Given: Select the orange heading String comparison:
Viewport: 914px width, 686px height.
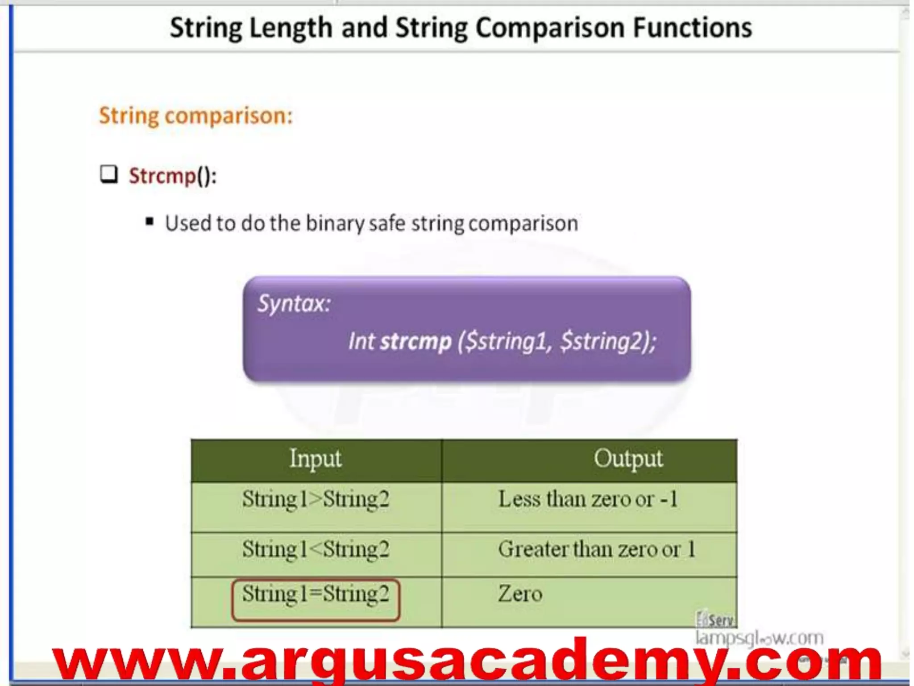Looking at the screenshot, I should click(195, 116).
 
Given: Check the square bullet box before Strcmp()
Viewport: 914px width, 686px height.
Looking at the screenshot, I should click(109, 174).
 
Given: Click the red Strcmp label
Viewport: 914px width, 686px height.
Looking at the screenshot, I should click(162, 176).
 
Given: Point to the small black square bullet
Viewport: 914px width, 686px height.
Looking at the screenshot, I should click(150, 222).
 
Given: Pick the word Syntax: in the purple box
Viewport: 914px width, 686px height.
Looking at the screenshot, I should click(294, 304).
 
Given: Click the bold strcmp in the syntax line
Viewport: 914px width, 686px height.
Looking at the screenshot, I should click(415, 342).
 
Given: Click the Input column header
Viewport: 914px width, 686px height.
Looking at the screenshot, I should click(316, 459).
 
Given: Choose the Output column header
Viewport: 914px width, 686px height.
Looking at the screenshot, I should click(628, 459).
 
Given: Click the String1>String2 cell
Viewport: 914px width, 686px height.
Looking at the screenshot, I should click(316, 499).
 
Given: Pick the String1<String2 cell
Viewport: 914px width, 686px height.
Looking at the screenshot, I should click(316, 549).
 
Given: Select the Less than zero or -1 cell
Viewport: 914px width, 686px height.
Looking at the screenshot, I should click(588, 499).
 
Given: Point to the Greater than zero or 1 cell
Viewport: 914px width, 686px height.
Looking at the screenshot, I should click(597, 549).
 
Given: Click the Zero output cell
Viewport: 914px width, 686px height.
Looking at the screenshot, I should click(520, 594).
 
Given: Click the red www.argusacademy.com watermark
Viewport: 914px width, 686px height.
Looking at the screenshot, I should click(466, 661).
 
